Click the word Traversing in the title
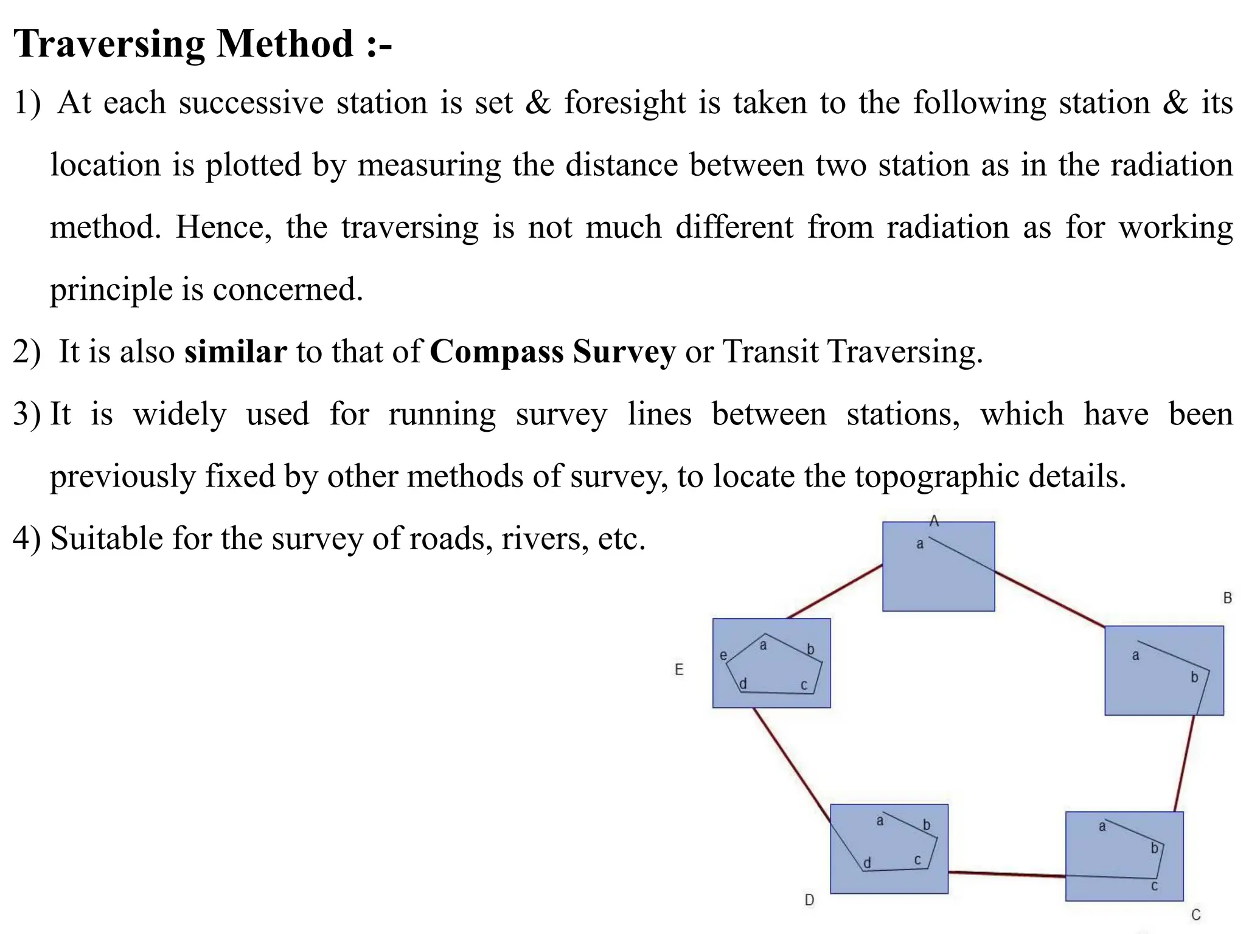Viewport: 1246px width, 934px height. pos(109,45)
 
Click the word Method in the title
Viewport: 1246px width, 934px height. pos(285,44)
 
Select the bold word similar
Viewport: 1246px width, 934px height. pos(235,352)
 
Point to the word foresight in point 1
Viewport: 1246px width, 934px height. pos(624,103)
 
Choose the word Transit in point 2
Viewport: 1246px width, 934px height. pos(770,352)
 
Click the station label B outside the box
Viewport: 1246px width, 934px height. pos(1227,598)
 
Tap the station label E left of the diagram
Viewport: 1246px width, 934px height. pos(679,669)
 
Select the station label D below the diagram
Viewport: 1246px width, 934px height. pos(809,900)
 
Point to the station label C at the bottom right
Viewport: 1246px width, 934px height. pos(1196,915)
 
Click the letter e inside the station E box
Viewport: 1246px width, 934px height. pos(723,656)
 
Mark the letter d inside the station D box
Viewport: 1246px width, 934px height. pos(868,863)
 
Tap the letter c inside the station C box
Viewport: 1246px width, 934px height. pos(1154,886)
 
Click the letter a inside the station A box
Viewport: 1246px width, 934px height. pos(920,544)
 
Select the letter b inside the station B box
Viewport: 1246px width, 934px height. pos(1194,677)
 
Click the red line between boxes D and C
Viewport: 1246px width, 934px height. pos(1006,874)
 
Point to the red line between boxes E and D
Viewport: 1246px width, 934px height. pos(791,764)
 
